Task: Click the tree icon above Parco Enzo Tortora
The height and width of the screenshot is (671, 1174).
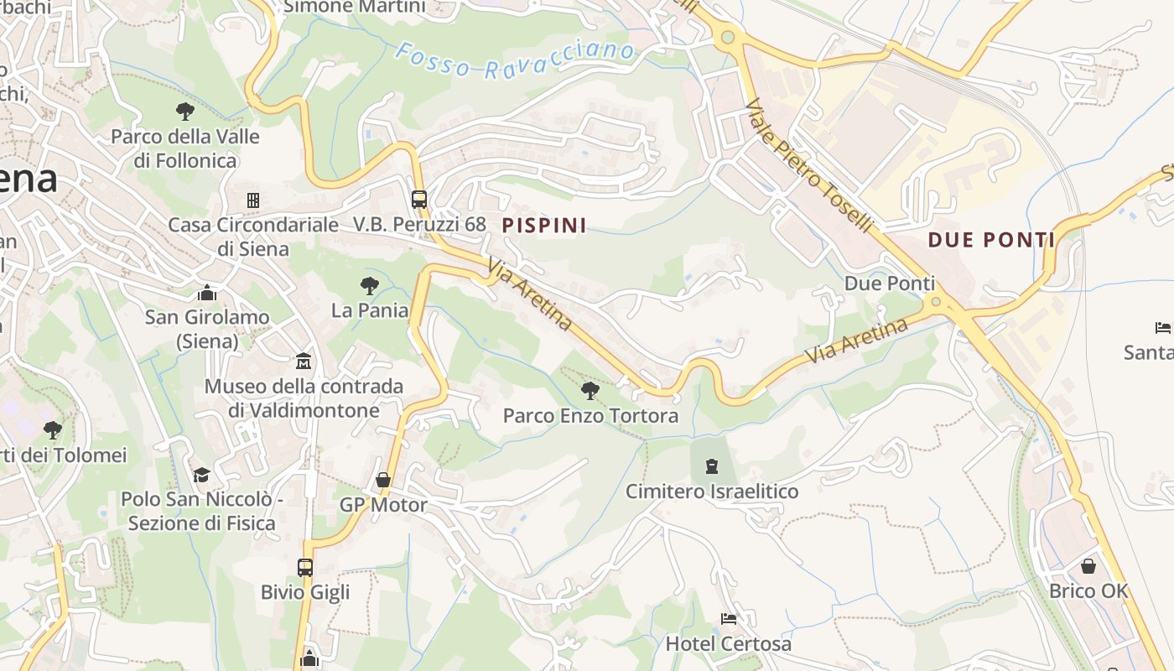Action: tap(590, 390)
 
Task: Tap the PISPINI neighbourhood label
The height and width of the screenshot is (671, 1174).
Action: tap(544, 225)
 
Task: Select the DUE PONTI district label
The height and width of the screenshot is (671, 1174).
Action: tap(991, 241)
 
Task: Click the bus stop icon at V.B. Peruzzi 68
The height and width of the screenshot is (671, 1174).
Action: tap(419, 200)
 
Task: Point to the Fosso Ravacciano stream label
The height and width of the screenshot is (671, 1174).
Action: tap(515, 60)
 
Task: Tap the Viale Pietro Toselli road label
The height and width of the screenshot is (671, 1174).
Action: tap(810, 166)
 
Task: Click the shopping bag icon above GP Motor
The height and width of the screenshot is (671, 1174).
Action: tap(383, 480)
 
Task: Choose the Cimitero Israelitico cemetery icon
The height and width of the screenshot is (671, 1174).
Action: tap(712, 466)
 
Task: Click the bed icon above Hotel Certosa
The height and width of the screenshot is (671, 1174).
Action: tap(729, 619)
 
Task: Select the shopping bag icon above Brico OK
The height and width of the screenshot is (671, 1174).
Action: tap(1088, 566)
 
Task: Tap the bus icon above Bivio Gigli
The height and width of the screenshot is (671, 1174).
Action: tap(305, 567)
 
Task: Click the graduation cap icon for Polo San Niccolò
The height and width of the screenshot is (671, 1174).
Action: tap(201, 475)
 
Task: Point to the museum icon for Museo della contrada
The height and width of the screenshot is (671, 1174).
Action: tap(304, 362)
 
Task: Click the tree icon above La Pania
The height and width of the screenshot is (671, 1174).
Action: tap(369, 286)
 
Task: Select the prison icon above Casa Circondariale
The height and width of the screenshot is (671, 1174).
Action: tap(253, 200)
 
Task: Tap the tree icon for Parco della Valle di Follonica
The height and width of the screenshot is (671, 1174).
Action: tap(184, 111)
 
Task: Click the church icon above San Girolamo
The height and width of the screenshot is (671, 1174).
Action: tap(207, 293)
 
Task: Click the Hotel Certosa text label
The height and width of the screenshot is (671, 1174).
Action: tap(728, 644)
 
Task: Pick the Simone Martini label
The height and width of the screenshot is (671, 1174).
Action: tap(355, 7)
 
